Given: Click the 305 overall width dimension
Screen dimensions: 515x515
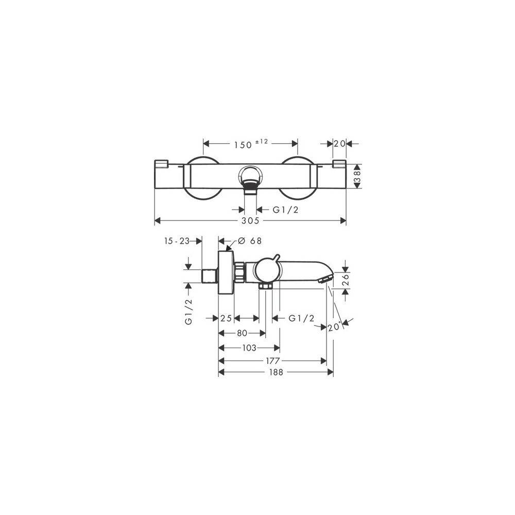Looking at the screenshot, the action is (x=250, y=221).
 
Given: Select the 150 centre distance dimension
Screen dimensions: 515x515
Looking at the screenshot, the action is (x=243, y=145).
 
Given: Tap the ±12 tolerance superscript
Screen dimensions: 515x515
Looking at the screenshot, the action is (x=262, y=142).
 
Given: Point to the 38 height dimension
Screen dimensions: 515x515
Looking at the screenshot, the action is (x=357, y=176).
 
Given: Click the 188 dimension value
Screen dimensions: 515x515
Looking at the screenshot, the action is (x=276, y=372).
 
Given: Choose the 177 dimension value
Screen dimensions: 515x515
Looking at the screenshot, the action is (x=272, y=361).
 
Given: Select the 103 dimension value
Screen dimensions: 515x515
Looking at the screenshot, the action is (x=249, y=348).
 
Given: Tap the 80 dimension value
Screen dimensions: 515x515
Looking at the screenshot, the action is (x=242, y=333).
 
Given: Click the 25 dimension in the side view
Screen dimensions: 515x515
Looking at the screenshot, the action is (x=226, y=318).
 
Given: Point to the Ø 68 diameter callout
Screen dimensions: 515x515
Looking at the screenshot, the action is (x=250, y=241).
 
